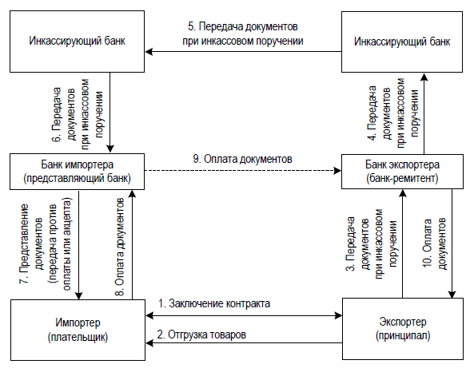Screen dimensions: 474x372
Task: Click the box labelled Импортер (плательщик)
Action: pos(78,330)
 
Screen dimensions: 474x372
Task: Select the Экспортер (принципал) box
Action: pos(403,329)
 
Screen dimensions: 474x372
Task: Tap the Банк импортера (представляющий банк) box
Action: pos(77,172)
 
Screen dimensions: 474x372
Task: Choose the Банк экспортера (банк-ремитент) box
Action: pos(402,172)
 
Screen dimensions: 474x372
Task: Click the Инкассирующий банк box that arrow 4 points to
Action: pos(402,42)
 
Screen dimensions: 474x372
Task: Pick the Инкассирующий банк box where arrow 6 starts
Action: pos(77,42)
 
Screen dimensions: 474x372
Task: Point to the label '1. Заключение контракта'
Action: pos(214,303)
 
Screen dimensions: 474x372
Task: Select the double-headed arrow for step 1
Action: pos(244,315)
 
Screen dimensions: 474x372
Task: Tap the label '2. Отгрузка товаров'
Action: pos(201,334)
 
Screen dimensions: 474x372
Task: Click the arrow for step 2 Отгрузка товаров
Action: pos(244,342)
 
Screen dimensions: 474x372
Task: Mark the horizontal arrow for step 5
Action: pos(243,52)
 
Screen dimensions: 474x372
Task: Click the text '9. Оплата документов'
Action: pos(242,159)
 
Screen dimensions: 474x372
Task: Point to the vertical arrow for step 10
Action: pos(452,243)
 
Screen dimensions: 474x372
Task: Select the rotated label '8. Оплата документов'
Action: pos(120,247)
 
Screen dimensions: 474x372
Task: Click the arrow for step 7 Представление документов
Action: pos(79,244)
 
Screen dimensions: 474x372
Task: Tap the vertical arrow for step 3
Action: pos(402,243)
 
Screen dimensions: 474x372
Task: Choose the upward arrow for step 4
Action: pos(424,113)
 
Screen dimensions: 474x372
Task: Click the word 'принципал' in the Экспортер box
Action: pos(403,335)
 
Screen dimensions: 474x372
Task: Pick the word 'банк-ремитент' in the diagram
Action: pos(402,179)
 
